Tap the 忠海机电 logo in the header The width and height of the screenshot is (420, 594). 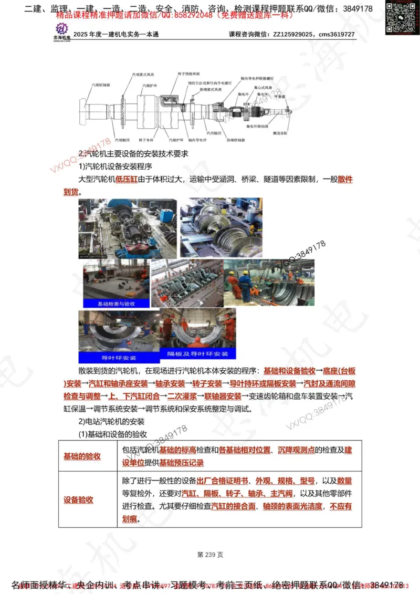pos(62,32)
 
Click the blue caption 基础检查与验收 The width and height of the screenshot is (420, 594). pos(116,303)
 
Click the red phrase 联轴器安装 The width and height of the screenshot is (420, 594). pos(223,396)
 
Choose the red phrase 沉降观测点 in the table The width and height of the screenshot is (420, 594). pos(296,450)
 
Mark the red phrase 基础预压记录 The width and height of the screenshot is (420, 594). pos(181,463)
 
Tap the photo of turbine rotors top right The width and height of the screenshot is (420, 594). pos(220,227)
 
